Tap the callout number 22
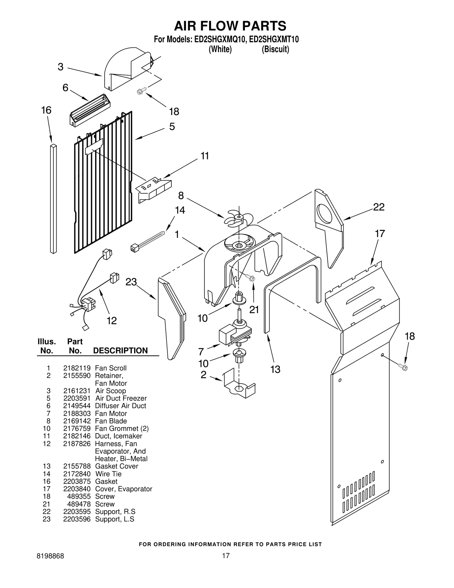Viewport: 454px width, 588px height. (x=379, y=207)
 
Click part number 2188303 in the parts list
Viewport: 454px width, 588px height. (x=77, y=413)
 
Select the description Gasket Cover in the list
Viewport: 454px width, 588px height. (x=117, y=466)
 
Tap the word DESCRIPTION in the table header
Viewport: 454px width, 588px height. (x=120, y=351)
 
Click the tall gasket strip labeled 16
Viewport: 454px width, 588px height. (x=53, y=199)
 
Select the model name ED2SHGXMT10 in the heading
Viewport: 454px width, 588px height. (x=274, y=39)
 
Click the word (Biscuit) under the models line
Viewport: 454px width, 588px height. (x=275, y=49)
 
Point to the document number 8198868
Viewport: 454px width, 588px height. (x=51, y=564)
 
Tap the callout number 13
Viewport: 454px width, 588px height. (x=275, y=369)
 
